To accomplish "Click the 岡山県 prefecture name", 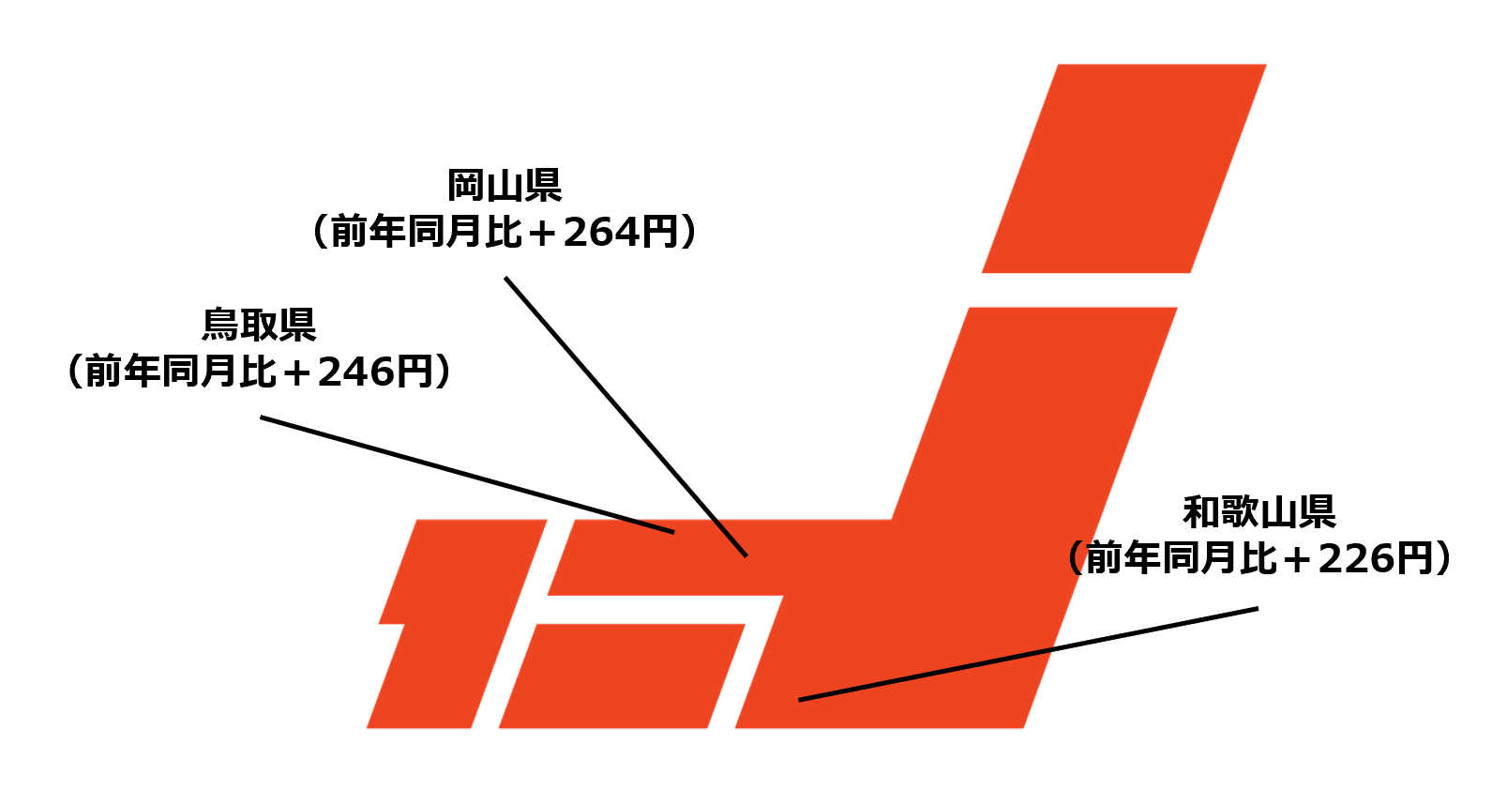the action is pyautogui.click(x=505, y=186).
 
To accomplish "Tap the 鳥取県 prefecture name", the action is pyautogui.click(x=259, y=325).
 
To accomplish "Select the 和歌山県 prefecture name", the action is pyautogui.click(x=1258, y=512).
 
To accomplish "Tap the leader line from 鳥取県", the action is pyautogui.click(x=466, y=475).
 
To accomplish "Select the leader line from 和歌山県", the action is pyautogui.click(x=1028, y=654).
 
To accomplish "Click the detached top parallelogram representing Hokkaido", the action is pyautogui.click(x=1123, y=169).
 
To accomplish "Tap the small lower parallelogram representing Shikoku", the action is pyautogui.click(x=622, y=676).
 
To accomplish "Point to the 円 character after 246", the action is pyautogui.click(x=414, y=372).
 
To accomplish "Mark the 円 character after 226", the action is pyautogui.click(x=1415, y=559).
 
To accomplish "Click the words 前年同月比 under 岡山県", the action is pyautogui.click(x=426, y=232).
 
